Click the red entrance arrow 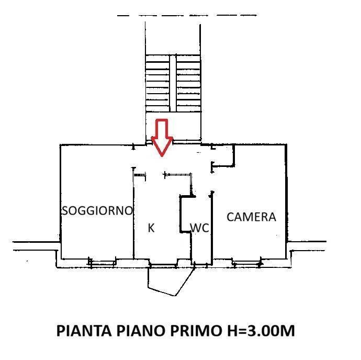(x=162, y=138)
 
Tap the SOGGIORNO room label (x=97, y=210)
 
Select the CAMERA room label (x=251, y=217)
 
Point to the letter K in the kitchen (x=151, y=228)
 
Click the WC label (x=200, y=228)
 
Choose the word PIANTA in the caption (x=84, y=331)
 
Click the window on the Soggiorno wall (x=102, y=263)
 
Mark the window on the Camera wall (x=247, y=263)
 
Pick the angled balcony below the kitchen (x=171, y=282)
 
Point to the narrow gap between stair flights (x=173, y=83)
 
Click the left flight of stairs (x=158, y=83)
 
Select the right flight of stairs (x=189, y=83)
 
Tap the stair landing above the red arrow (x=173, y=126)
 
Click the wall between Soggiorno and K (x=133, y=213)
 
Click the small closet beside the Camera (x=223, y=155)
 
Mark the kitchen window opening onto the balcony (x=163, y=265)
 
